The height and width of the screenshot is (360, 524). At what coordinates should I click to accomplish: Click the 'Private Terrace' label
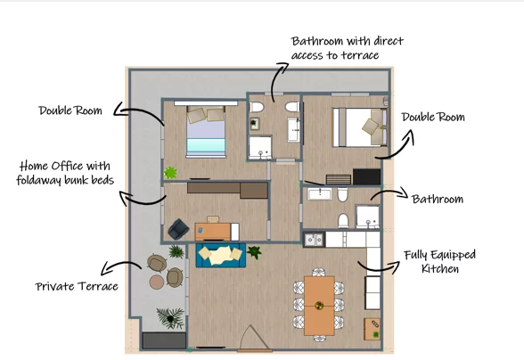tap(77, 286)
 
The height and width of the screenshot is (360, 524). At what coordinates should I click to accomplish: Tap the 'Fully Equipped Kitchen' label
tap(440, 262)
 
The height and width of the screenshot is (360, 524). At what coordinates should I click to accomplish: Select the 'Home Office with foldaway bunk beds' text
tap(65, 173)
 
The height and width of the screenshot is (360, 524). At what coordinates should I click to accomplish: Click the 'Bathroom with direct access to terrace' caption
tap(348, 48)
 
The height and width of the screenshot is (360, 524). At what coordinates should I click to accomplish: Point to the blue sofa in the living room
tap(221, 255)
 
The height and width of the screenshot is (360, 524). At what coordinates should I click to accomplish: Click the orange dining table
tap(319, 306)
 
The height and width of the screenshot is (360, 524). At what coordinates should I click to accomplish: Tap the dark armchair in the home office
tap(179, 229)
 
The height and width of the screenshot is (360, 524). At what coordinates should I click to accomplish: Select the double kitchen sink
tap(314, 240)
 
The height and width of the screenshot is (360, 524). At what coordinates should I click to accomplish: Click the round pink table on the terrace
tap(157, 282)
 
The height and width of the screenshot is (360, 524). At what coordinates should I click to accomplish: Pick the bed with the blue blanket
tap(206, 132)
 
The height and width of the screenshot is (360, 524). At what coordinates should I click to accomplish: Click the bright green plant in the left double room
tap(170, 173)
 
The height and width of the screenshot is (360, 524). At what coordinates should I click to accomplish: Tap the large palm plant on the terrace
tap(170, 318)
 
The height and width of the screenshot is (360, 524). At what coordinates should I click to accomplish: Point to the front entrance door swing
tap(254, 337)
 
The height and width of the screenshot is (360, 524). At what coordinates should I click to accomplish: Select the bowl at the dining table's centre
tap(319, 305)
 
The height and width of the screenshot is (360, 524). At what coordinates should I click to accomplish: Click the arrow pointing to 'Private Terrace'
tap(121, 266)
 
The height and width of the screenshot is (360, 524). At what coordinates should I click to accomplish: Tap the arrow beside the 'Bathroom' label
tap(389, 194)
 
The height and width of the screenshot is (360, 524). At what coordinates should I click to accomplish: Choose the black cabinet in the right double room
tap(366, 176)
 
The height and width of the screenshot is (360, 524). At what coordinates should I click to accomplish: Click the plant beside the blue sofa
tap(254, 252)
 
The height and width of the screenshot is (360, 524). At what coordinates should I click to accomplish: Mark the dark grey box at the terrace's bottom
tap(164, 341)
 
